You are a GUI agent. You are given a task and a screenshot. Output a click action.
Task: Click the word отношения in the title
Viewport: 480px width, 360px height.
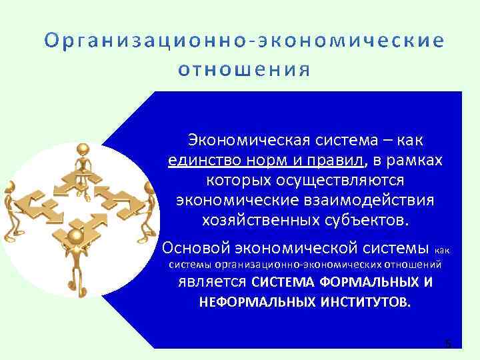[244, 69]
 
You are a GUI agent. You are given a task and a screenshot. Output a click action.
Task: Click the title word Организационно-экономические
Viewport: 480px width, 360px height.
[244, 41]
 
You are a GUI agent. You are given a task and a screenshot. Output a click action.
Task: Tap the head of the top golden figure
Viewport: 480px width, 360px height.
[84, 148]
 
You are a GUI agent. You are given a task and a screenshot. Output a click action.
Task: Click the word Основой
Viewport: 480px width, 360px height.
[195, 249]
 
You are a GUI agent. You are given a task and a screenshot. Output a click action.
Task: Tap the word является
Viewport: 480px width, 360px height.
[211, 281]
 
